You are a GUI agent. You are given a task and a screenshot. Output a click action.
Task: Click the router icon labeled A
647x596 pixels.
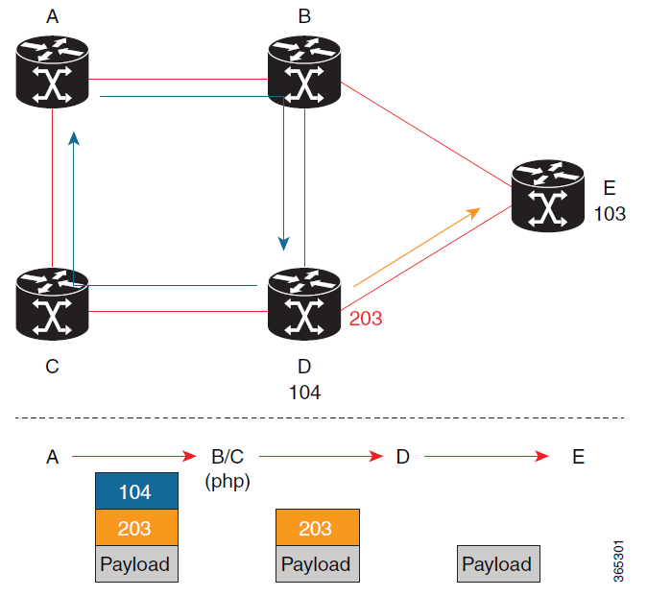click(x=53, y=72)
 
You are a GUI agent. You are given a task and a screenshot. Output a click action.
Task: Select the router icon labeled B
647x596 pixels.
click(x=304, y=72)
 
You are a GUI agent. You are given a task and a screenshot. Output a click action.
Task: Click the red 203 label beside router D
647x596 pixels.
click(x=366, y=318)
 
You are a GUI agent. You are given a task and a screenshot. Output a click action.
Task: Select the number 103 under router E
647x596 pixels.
click(x=610, y=213)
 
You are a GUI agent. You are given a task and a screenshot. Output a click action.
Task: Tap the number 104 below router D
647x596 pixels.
click(x=304, y=392)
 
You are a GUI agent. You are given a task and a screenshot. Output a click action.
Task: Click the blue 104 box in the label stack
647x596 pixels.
click(x=136, y=491)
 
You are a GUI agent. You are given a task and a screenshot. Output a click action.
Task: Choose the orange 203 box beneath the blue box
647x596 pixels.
click(x=136, y=528)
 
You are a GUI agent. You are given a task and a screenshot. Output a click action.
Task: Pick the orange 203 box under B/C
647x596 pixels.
click(x=317, y=528)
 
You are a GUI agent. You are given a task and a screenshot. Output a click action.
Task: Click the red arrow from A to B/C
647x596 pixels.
click(x=133, y=457)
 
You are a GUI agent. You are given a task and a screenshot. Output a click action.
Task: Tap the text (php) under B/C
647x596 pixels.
click(x=228, y=482)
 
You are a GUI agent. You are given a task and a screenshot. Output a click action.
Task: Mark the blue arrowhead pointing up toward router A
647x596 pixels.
click(x=74, y=140)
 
